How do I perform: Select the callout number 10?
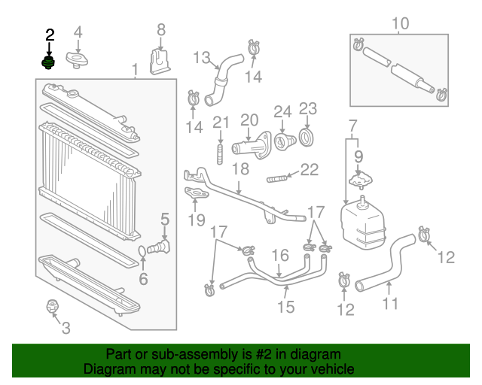coord(400,24)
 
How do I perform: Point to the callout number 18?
coord(239,169)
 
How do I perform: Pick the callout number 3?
coord(66,328)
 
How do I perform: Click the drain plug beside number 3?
coord(53,306)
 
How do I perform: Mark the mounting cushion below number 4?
coord(78,59)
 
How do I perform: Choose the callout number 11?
coord(390,305)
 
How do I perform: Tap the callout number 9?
coord(358,158)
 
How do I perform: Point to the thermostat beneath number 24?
coord(284,141)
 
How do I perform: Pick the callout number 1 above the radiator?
coord(136,71)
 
